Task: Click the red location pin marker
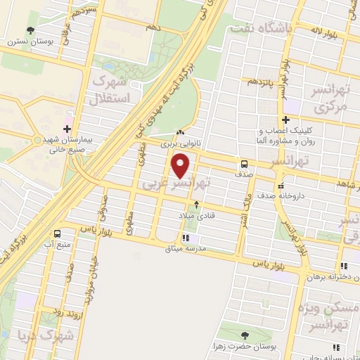coord(181,165)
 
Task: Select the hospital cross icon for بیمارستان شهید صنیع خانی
coord(67,128)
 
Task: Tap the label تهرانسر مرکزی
coord(329,100)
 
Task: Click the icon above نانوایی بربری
coord(180,132)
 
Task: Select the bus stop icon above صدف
coord(243,161)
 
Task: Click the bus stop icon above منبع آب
coord(56,233)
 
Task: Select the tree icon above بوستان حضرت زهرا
coord(244,336)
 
